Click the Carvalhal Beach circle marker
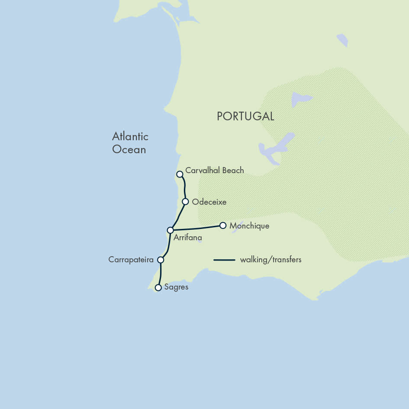(x=180, y=174)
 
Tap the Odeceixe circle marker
(x=185, y=202)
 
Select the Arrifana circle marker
(x=171, y=230)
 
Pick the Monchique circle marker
(x=223, y=225)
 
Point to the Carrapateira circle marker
(x=161, y=260)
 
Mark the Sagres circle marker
(x=158, y=287)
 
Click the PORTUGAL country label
(x=245, y=116)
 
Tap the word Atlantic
(x=130, y=137)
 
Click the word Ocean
(x=129, y=150)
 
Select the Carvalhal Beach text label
(x=215, y=171)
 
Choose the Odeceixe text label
(x=209, y=202)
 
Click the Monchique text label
(x=249, y=226)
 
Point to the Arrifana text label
(x=187, y=238)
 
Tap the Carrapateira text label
(x=131, y=260)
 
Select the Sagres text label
(x=176, y=287)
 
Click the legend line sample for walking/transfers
(x=224, y=260)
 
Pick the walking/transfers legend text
(x=271, y=260)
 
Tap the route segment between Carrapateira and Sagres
(x=161, y=274)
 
